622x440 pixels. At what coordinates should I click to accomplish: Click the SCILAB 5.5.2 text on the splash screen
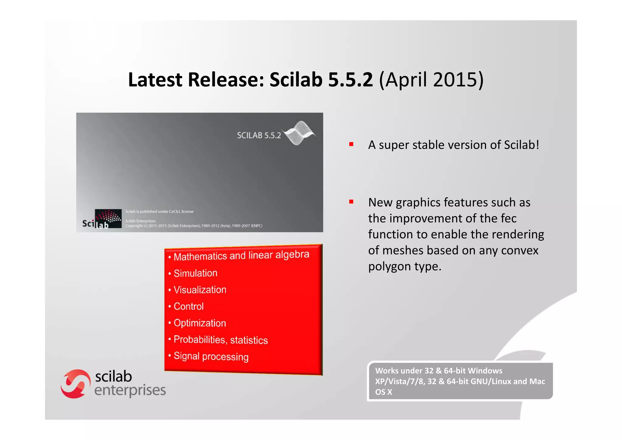(259, 135)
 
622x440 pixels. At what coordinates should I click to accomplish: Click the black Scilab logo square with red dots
(108, 218)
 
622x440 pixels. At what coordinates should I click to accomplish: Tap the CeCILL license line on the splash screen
(159, 211)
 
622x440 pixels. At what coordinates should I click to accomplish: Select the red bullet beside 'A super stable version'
(351, 144)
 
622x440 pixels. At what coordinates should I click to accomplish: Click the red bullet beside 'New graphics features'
(351, 202)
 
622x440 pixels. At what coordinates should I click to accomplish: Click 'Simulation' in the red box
(195, 273)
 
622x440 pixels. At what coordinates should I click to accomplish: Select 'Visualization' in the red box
(200, 289)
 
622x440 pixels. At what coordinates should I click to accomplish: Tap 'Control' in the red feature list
(188, 306)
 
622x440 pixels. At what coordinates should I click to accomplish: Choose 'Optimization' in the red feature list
(200, 323)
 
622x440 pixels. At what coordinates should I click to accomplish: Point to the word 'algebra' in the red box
(292, 255)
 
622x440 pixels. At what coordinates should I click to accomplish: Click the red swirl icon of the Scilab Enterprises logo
(75, 384)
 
